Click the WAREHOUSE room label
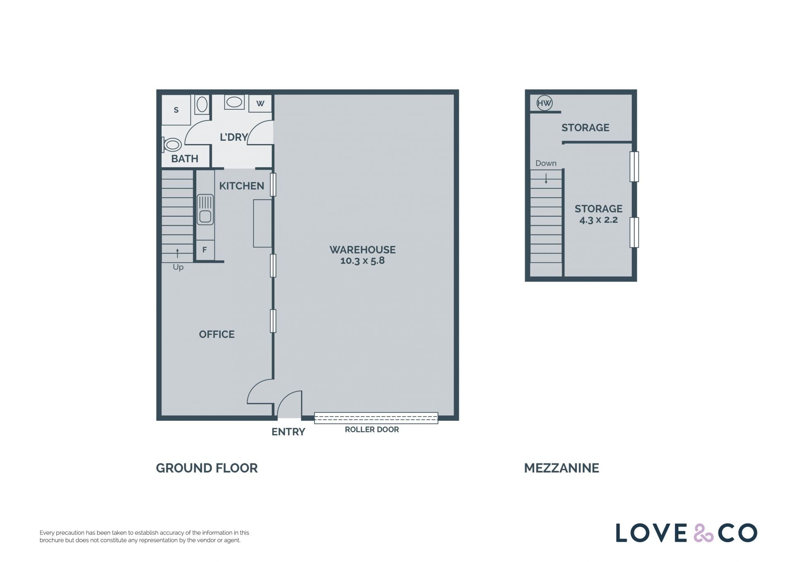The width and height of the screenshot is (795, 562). (362, 250)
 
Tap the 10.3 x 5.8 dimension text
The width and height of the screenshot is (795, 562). (362, 260)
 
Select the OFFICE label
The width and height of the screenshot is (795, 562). (217, 334)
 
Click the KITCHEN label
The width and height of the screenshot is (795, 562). (241, 186)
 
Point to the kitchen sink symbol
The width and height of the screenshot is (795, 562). (205, 210)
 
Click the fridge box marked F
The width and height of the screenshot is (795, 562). (205, 250)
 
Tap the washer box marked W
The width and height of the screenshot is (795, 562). (260, 104)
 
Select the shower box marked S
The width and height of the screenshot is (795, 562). (176, 110)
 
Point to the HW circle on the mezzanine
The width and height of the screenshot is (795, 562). (544, 103)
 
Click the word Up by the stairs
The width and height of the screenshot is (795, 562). (178, 268)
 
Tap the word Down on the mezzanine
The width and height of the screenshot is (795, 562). (546, 163)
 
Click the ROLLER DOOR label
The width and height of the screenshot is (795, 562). (372, 429)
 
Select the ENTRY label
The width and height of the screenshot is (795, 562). (288, 432)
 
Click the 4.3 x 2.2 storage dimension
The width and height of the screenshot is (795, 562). (598, 220)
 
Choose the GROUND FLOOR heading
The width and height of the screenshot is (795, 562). (207, 468)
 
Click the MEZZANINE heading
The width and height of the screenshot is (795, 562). (561, 468)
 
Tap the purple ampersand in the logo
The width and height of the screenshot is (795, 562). (703, 533)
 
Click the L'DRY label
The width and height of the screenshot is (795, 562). (234, 137)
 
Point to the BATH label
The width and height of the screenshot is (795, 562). (185, 159)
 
